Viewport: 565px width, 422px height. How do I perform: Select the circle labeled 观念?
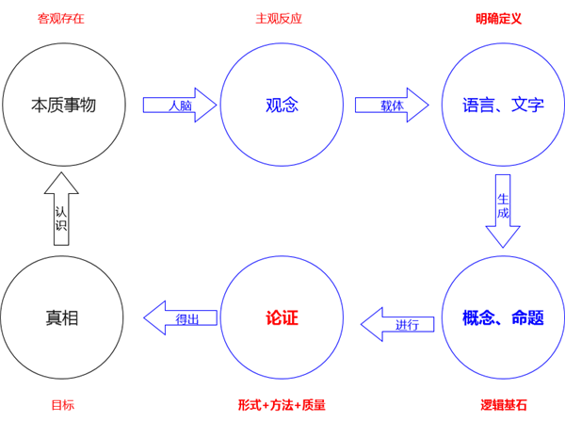click(282, 105)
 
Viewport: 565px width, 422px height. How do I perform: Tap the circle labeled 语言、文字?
click(503, 105)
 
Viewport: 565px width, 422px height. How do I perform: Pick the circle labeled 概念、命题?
click(503, 317)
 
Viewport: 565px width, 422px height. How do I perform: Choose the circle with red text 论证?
click(282, 317)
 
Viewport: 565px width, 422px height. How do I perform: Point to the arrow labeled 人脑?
click(180, 105)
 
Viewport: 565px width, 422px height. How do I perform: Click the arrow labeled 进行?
click(400, 325)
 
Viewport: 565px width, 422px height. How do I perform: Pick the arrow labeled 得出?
click(180, 318)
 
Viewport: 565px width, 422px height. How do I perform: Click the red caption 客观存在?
click(61, 18)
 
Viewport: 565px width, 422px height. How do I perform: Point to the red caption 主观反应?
click(279, 18)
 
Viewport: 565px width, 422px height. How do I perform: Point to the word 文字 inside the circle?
click(526, 105)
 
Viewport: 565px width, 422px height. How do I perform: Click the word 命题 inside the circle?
click(526, 317)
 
